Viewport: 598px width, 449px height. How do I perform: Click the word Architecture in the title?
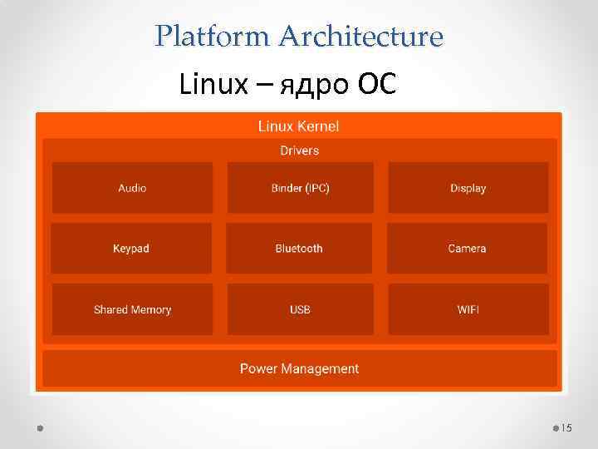(361, 37)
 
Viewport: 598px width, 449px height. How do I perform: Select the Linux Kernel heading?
(298, 126)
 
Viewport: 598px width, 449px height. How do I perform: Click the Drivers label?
(299, 150)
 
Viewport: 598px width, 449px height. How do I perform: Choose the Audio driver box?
(132, 188)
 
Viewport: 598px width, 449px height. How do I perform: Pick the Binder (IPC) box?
(300, 188)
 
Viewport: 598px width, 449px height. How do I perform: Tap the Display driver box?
(468, 188)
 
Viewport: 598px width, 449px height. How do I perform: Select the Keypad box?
(131, 249)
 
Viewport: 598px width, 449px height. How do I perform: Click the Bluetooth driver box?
(299, 249)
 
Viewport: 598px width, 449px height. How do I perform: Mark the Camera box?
(467, 249)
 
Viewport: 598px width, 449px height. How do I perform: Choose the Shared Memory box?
(132, 309)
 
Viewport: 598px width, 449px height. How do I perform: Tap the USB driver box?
(300, 309)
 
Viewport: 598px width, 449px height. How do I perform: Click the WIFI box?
(468, 309)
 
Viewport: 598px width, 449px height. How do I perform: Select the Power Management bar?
(299, 368)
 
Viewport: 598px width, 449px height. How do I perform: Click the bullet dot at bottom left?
(41, 427)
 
